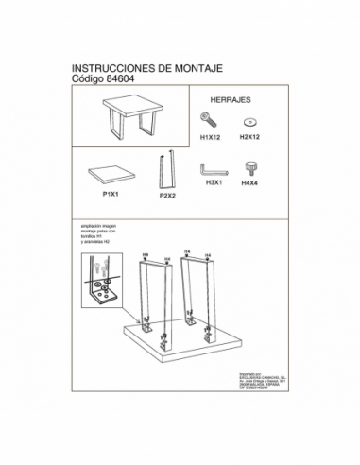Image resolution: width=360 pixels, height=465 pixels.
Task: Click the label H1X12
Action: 210,137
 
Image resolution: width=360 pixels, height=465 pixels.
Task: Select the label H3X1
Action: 213,184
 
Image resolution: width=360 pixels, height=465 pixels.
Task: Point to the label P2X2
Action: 169,197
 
